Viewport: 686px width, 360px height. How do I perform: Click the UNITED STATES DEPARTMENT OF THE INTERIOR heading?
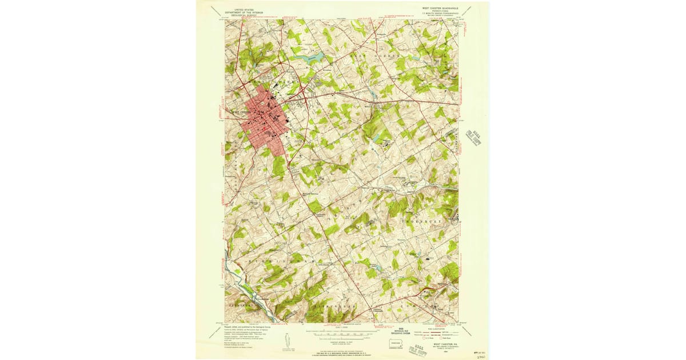coord(240,11)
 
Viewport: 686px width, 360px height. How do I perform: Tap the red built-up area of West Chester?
coord(265,122)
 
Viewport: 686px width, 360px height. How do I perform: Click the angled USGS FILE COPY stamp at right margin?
coord(471,141)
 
